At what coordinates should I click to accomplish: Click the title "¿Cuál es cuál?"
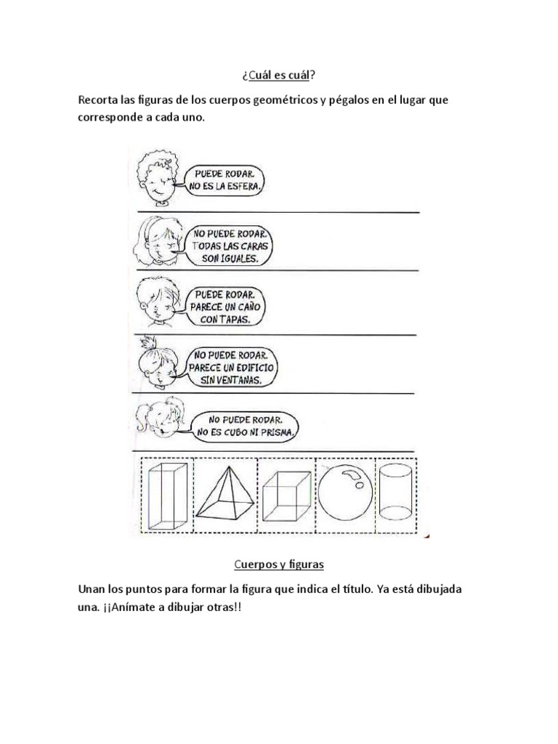(279, 76)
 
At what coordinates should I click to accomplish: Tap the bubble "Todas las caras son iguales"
(230, 246)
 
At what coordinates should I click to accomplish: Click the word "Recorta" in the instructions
(100, 100)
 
